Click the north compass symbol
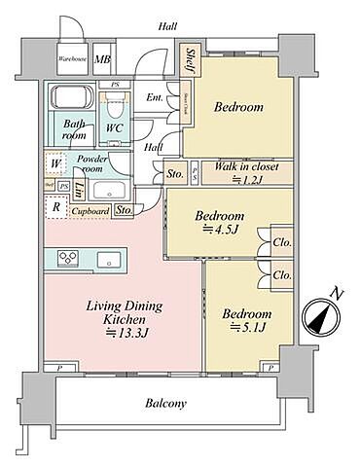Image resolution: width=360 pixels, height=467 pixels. pos(322,317)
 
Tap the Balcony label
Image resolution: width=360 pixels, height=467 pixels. pos(165,403)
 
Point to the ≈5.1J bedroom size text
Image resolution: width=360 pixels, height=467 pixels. pos(242,329)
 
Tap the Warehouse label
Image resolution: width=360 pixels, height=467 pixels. pos(73,58)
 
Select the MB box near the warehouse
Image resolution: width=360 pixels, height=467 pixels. pos(102,58)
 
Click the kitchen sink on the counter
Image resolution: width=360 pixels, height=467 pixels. pos(106,258)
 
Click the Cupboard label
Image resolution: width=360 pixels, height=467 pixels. pos(90,209)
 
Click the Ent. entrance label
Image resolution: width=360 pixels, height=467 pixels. pos(155,97)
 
